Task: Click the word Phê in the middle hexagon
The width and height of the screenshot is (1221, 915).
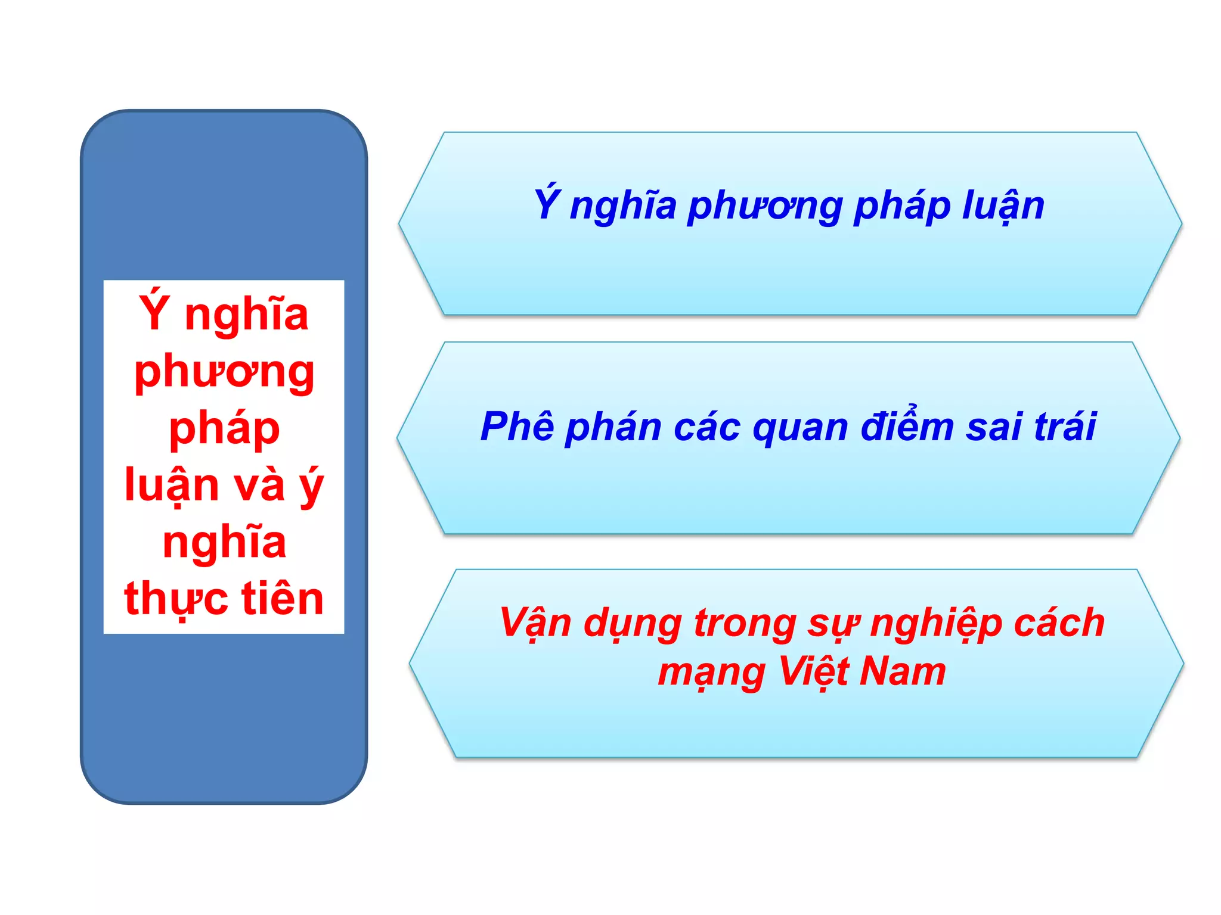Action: (x=517, y=427)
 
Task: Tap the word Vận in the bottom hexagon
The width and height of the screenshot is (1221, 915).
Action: (x=535, y=623)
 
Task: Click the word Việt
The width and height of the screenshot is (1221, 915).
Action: (x=814, y=672)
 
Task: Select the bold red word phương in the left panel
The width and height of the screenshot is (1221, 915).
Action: (x=224, y=373)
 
